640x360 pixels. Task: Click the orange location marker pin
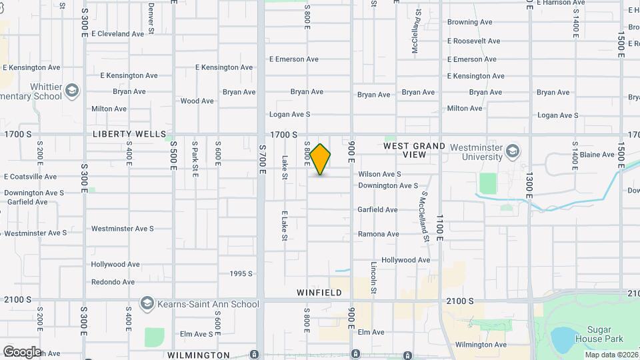tap(320, 159)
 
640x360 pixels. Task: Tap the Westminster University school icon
tap(512, 149)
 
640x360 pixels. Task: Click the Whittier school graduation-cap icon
tap(72, 90)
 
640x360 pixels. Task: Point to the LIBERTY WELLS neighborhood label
tap(129, 134)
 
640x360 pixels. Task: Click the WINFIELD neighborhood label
tap(319, 293)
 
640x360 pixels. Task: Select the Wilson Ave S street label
tap(379, 174)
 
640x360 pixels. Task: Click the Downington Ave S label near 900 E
tap(387, 186)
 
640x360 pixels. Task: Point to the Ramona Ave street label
tap(378, 234)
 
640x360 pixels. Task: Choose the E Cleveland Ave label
tap(117, 34)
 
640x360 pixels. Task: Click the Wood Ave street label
tap(197, 101)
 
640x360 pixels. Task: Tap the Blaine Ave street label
tap(597, 155)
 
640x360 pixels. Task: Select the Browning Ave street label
tap(469, 22)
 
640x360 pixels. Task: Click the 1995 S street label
tap(241, 273)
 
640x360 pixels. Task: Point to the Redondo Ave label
tap(113, 282)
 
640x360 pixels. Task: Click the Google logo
tap(22, 351)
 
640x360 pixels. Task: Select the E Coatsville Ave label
tap(30, 177)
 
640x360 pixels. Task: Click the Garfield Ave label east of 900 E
tap(377, 209)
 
